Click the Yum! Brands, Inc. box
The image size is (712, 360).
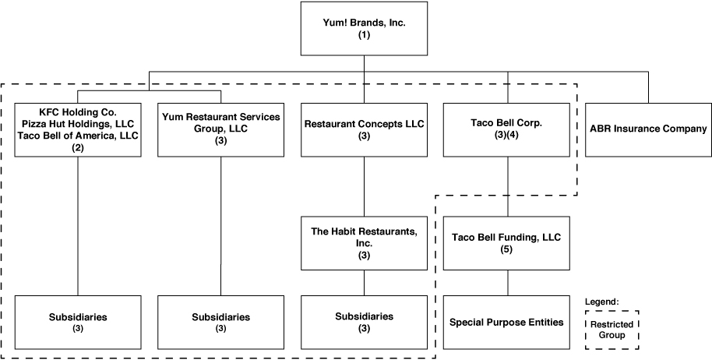364,29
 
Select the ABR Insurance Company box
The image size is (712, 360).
647,129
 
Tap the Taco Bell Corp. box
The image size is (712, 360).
507,129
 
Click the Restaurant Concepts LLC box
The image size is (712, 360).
364,129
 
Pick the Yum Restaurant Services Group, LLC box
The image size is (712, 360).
220,129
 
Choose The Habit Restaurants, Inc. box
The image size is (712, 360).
364,243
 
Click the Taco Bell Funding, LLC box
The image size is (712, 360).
507,243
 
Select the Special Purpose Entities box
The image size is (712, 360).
507,322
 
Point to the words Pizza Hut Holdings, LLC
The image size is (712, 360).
77,124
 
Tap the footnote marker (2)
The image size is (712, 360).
77,146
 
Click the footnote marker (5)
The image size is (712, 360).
507,249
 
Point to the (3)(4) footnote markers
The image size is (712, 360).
507,136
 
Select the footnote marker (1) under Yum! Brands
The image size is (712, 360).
364,35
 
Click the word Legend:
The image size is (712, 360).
601,301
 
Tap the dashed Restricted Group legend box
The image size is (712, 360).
612,329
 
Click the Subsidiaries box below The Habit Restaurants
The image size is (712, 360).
364,322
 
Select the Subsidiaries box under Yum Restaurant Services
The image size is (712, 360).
220,322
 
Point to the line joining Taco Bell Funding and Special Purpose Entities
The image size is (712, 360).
507,282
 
